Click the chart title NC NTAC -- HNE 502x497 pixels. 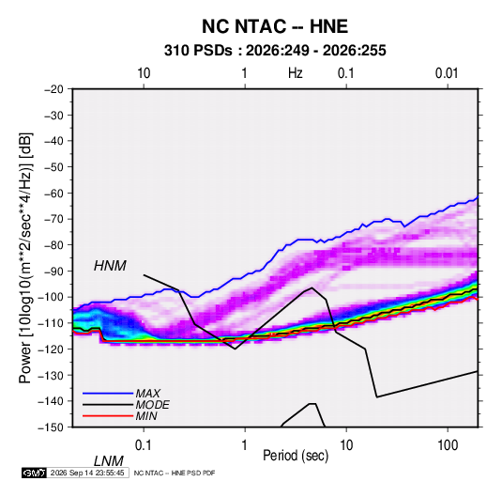pos(275,26)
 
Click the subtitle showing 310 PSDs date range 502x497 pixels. pos(275,51)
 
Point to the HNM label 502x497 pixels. pos(110,266)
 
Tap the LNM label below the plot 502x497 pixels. pos(109,461)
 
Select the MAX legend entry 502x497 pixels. pos(147,394)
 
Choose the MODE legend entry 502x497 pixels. pos(152,405)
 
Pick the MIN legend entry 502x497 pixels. pos(146,416)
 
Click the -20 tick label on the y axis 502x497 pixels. pos(53,89)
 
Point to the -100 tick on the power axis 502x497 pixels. pos(51,297)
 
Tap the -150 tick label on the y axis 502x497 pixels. pos(51,427)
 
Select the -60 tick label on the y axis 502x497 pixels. pos(53,193)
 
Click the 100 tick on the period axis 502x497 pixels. pos(448,445)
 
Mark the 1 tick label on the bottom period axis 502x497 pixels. pos(245,445)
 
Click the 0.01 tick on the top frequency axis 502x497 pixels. pos(447,73)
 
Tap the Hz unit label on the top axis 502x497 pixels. pos(296,73)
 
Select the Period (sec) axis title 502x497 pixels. pos(296,456)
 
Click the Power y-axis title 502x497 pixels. pos(25,258)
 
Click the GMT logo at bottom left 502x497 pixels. pos(34,473)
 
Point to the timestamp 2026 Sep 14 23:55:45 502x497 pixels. pos(87,473)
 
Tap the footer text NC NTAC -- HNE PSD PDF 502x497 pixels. pos(175,473)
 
